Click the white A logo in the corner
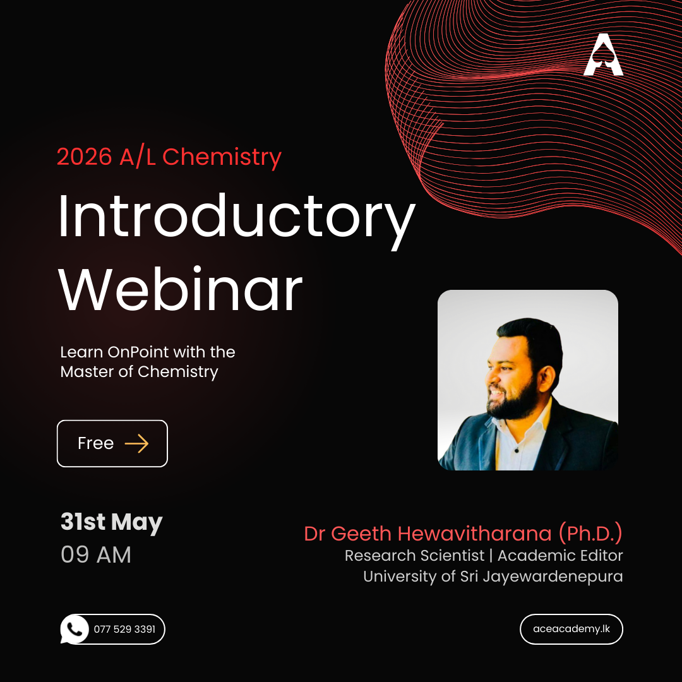click(x=603, y=54)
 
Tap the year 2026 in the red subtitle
click(x=85, y=157)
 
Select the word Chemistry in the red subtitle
click(x=222, y=157)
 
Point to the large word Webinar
click(x=180, y=290)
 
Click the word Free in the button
click(x=96, y=443)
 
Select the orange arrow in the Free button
click(x=136, y=444)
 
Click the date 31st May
click(x=111, y=522)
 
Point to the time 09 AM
click(x=96, y=554)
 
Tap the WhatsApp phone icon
click(x=75, y=629)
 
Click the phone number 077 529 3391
click(x=124, y=630)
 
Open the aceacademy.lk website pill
click(x=571, y=629)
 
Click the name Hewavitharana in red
click(x=474, y=534)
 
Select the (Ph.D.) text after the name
click(x=590, y=534)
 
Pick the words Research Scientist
click(x=414, y=556)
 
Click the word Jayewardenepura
click(x=553, y=577)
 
